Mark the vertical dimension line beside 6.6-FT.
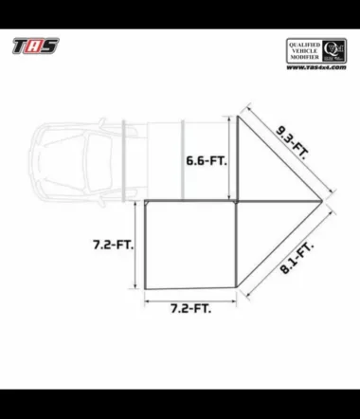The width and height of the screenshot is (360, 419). tap(234, 162)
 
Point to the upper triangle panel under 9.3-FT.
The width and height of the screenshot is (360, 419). tap(270, 171)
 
